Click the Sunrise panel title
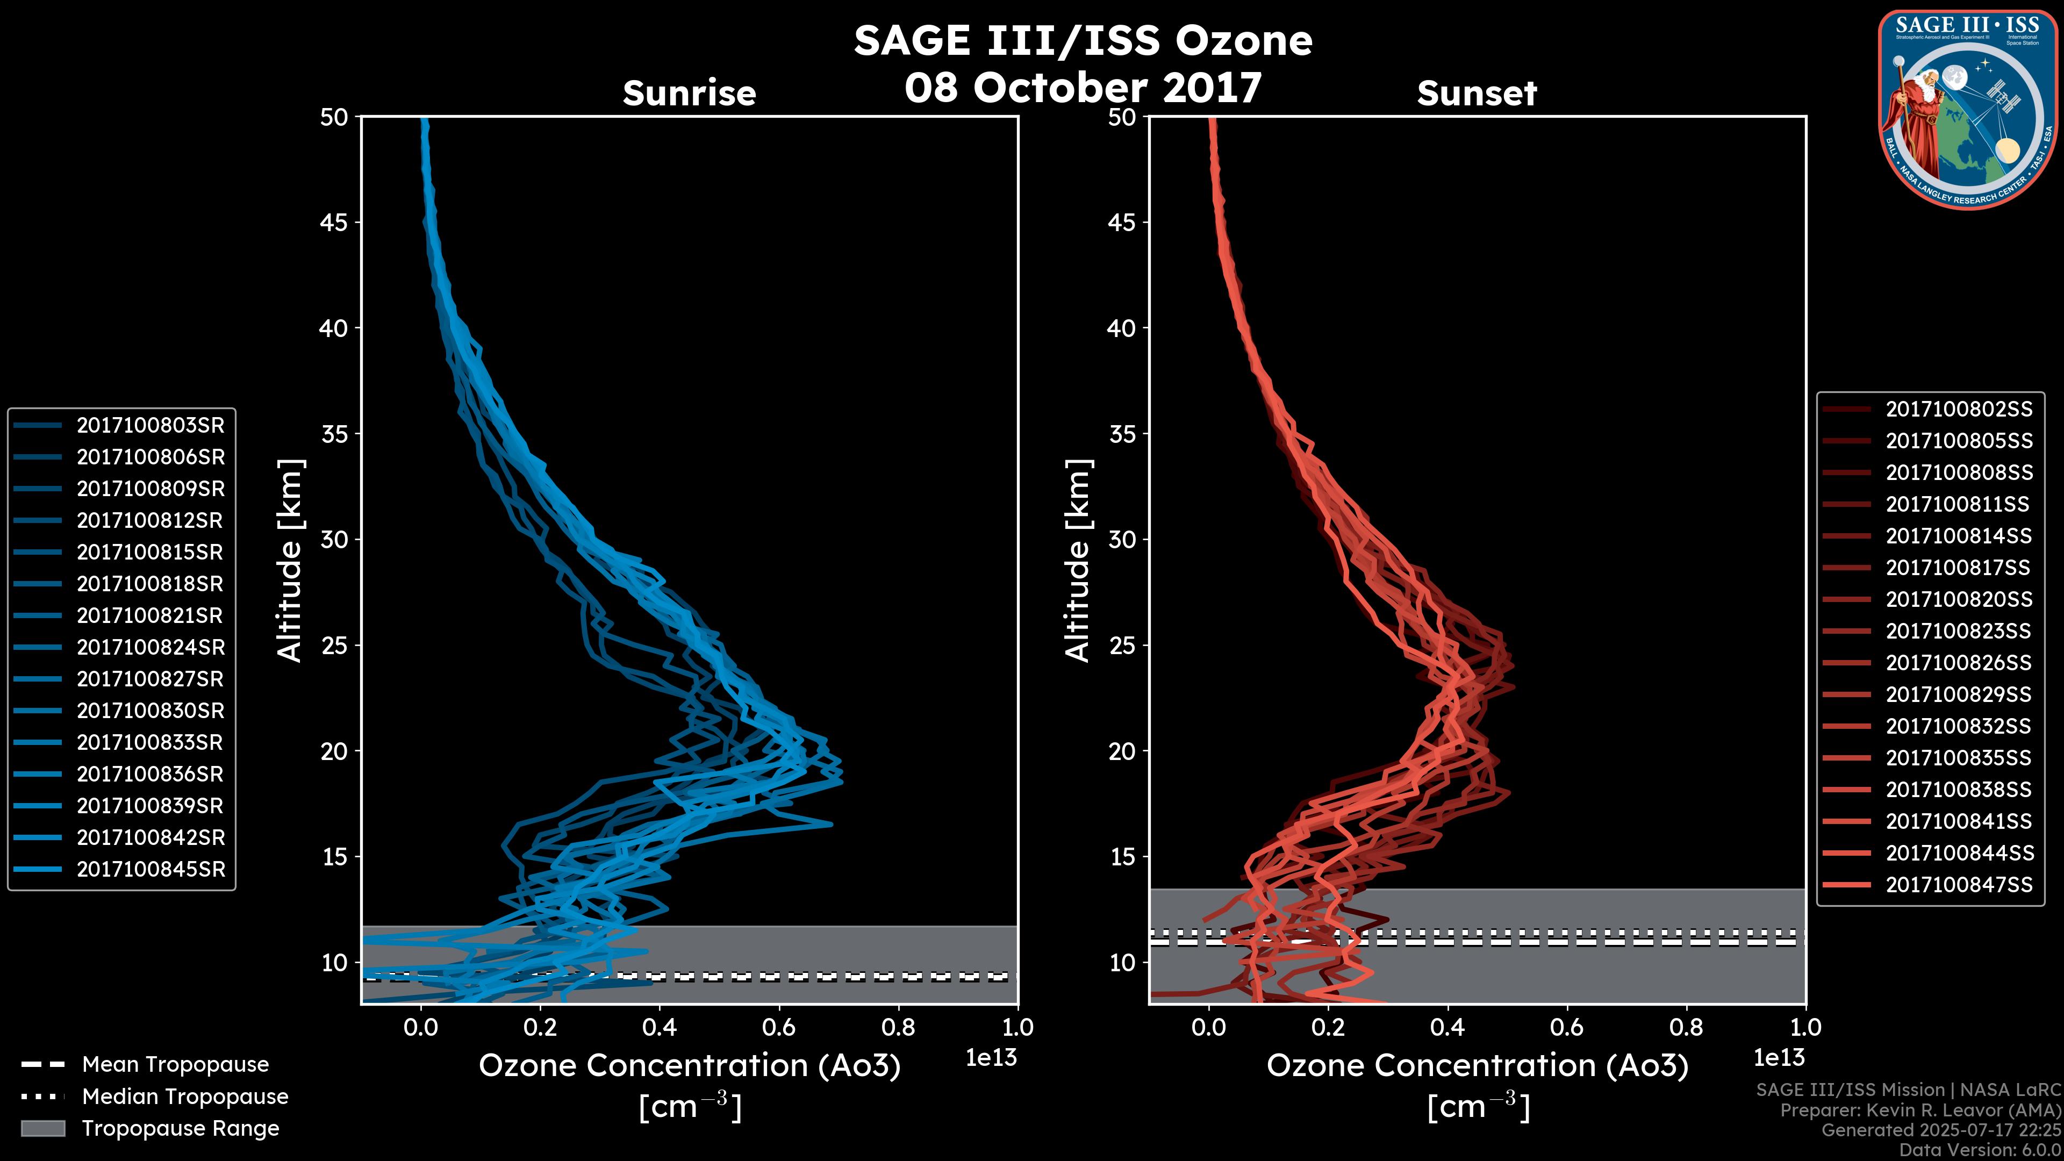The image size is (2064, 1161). (x=689, y=94)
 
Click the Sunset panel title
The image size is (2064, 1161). (x=1477, y=94)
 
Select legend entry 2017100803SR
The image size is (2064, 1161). (x=150, y=426)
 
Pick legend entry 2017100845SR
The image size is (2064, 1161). (x=150, y=869)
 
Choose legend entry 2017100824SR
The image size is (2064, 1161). (x=150, y=647)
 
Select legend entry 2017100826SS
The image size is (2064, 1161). (x=1958, y=663)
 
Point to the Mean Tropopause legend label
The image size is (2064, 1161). (x=175, y=1065)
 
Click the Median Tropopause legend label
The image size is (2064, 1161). (x=185, y=1097)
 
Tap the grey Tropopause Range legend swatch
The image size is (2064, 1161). (x=42, y=1128)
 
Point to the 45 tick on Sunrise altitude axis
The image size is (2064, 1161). (x=335, y=223)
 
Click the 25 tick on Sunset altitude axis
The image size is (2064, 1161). (x=1122, y=646)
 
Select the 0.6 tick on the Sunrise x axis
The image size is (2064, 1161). (x=779, y=1027)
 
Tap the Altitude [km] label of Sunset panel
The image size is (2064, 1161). (x=1078, y=561)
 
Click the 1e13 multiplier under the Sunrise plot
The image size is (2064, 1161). (x=991, y=1058)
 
